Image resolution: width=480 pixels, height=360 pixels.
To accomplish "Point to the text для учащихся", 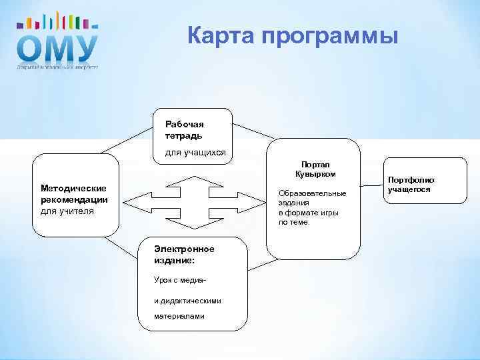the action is pos(195,152).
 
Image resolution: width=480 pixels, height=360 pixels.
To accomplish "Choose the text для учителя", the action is pos(67,211).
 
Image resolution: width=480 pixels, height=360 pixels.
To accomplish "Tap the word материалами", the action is pos(171,316).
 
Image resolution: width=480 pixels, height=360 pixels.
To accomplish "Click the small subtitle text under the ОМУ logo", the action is pos(57,67).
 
